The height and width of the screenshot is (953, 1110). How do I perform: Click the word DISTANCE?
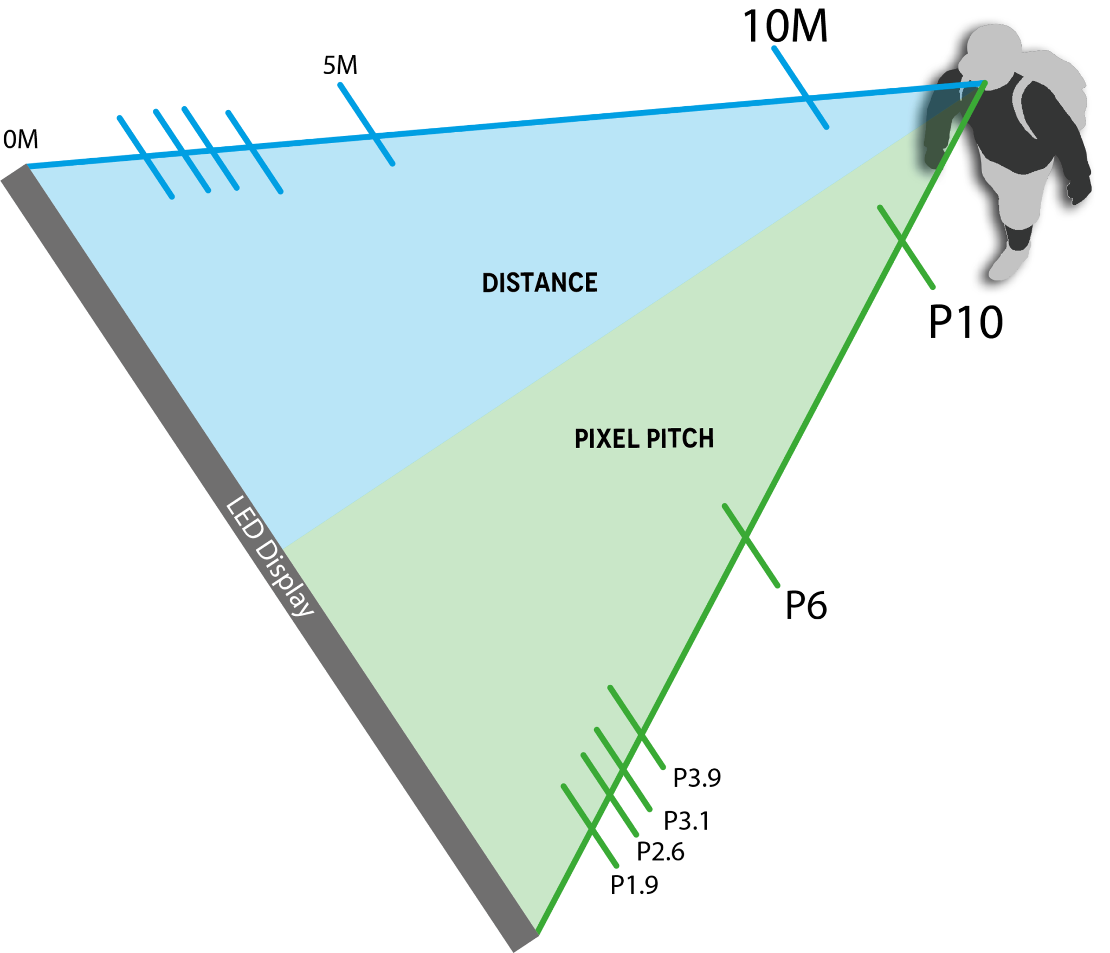coord(540,283)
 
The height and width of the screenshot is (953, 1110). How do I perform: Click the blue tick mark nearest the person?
coord(790,70)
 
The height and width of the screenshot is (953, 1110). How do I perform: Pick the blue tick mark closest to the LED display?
coord(132,134)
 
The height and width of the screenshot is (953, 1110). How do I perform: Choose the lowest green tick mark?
coord(605,850)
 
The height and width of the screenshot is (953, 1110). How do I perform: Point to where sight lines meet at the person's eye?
coord(984,82)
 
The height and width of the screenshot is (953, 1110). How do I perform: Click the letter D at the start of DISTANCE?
coord(489,283)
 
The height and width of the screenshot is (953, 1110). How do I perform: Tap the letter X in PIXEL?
coord(616,439)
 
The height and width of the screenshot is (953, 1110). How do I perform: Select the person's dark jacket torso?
coord(1019,130)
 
